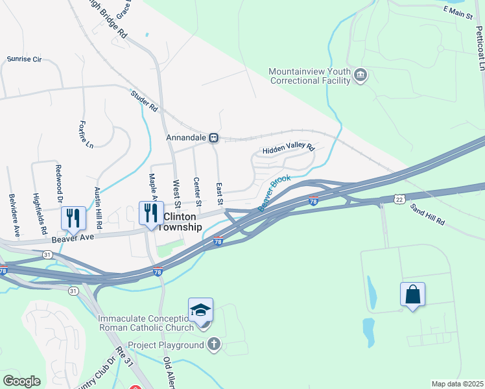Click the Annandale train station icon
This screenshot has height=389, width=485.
point(214,137)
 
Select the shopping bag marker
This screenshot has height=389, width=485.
point(412,295)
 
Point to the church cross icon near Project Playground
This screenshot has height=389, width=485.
point(214,345)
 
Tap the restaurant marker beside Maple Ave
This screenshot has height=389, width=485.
point(151,213)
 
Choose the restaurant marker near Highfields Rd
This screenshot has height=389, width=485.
point(73,217)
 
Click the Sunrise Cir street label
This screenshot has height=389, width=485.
point(24,59)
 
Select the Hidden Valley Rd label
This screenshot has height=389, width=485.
point(288,149)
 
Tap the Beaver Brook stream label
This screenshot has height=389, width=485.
point(274,192)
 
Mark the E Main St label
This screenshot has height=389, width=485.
point(458,11)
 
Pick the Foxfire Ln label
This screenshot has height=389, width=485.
point(86,134)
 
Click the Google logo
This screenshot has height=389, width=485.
point(22,381)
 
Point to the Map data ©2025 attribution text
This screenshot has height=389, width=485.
point(457,384)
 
